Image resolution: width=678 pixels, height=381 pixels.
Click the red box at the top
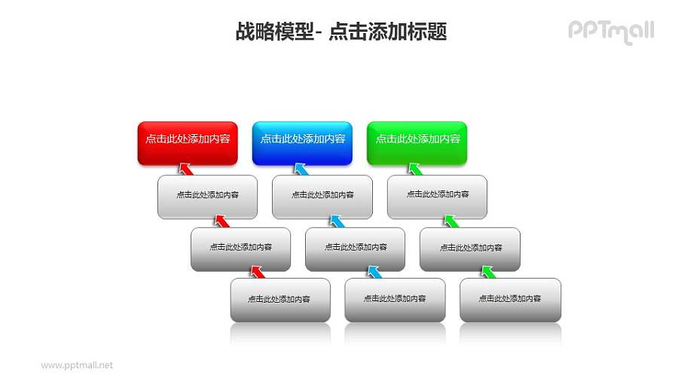188,142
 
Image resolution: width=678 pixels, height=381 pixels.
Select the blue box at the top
302,142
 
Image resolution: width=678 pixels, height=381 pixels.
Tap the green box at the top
417,142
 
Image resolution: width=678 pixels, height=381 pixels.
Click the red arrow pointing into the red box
185,168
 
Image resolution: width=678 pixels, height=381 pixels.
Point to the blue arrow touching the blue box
301,168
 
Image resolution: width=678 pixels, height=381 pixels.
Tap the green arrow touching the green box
415,168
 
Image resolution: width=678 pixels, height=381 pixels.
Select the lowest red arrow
258,271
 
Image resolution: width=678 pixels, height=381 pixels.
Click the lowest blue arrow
373,271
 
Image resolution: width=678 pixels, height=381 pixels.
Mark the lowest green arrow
488,271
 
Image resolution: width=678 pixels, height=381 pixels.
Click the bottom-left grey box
280,300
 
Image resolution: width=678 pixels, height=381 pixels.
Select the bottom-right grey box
510,300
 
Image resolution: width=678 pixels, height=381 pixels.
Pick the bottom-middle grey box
395,300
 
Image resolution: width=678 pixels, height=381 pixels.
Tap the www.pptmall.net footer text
77,365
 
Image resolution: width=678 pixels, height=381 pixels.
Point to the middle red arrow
221,221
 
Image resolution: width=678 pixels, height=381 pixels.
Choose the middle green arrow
451,221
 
